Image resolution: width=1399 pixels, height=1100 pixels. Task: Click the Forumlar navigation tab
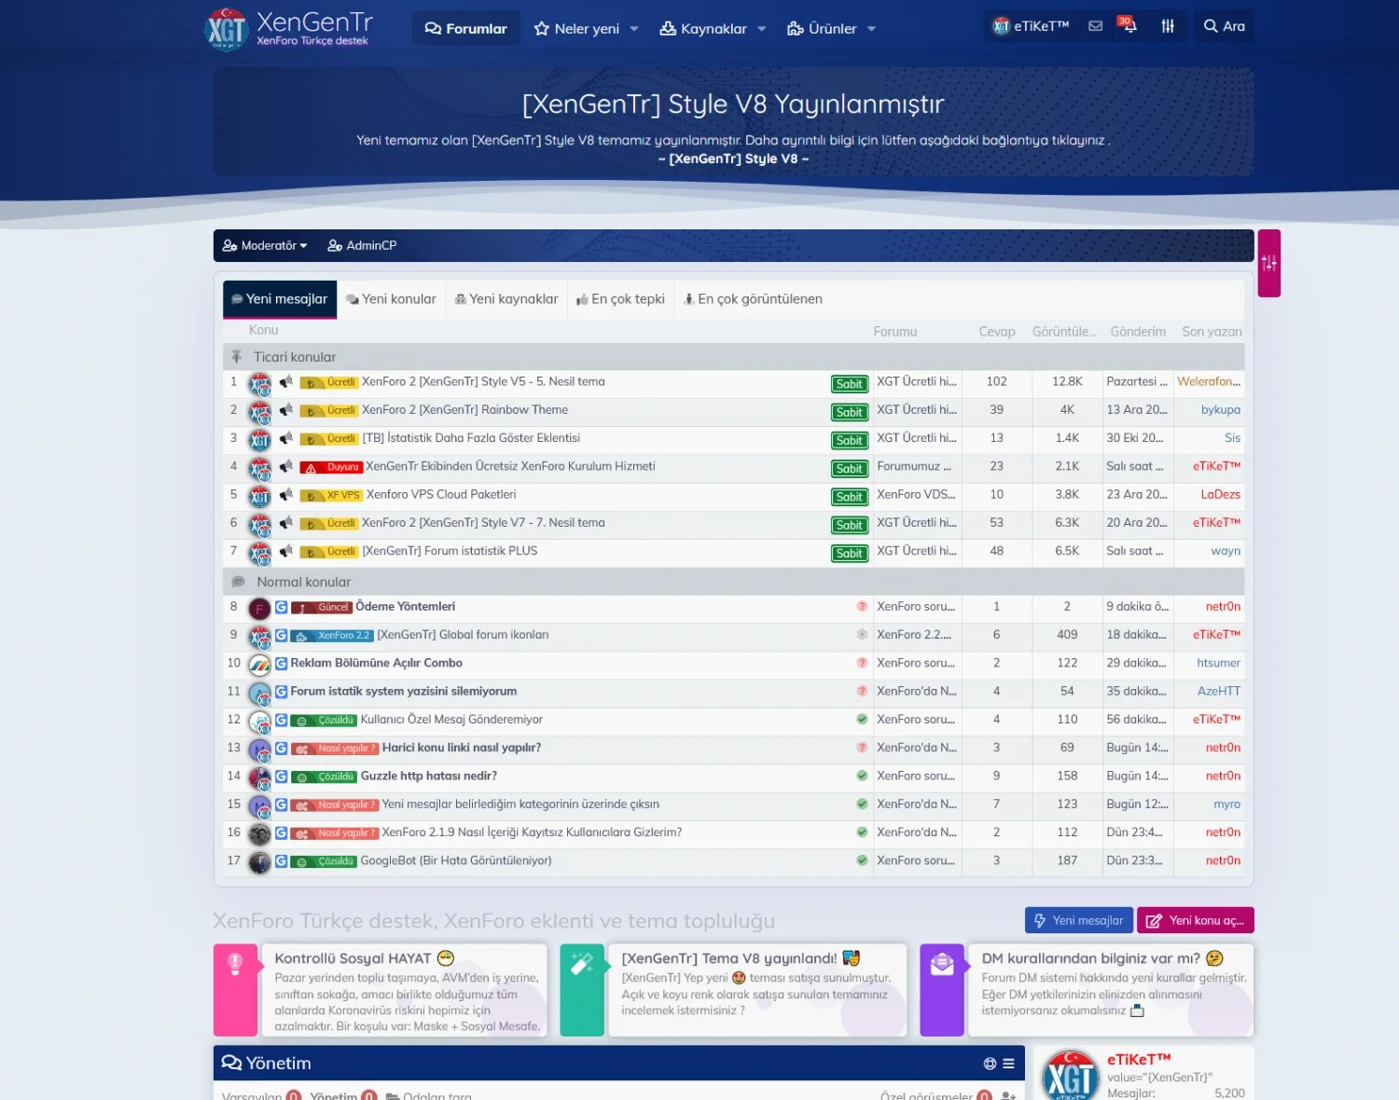466,29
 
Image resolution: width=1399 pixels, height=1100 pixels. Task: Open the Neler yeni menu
586,29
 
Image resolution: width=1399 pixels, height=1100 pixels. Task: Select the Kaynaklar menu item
713,29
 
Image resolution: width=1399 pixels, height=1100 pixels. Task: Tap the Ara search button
1224,26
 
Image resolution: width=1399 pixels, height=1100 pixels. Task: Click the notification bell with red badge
1128,26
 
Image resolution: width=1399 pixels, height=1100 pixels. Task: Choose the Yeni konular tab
391,299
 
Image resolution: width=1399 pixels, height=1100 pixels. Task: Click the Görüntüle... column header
1064,332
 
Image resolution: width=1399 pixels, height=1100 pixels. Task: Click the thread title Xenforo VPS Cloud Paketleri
441,495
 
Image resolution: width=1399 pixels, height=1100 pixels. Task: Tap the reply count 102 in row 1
996,382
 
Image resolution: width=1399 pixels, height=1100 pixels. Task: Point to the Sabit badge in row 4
849,469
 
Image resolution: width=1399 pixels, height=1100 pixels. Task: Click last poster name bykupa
1220,410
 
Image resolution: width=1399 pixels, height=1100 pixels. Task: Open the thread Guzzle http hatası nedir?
429,777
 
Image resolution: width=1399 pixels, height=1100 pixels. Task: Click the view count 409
1067,635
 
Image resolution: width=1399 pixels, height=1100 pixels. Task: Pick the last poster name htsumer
1218,664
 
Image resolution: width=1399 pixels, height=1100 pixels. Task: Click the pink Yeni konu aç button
1196,920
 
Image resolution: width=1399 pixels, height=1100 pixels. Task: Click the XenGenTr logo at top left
288,28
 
